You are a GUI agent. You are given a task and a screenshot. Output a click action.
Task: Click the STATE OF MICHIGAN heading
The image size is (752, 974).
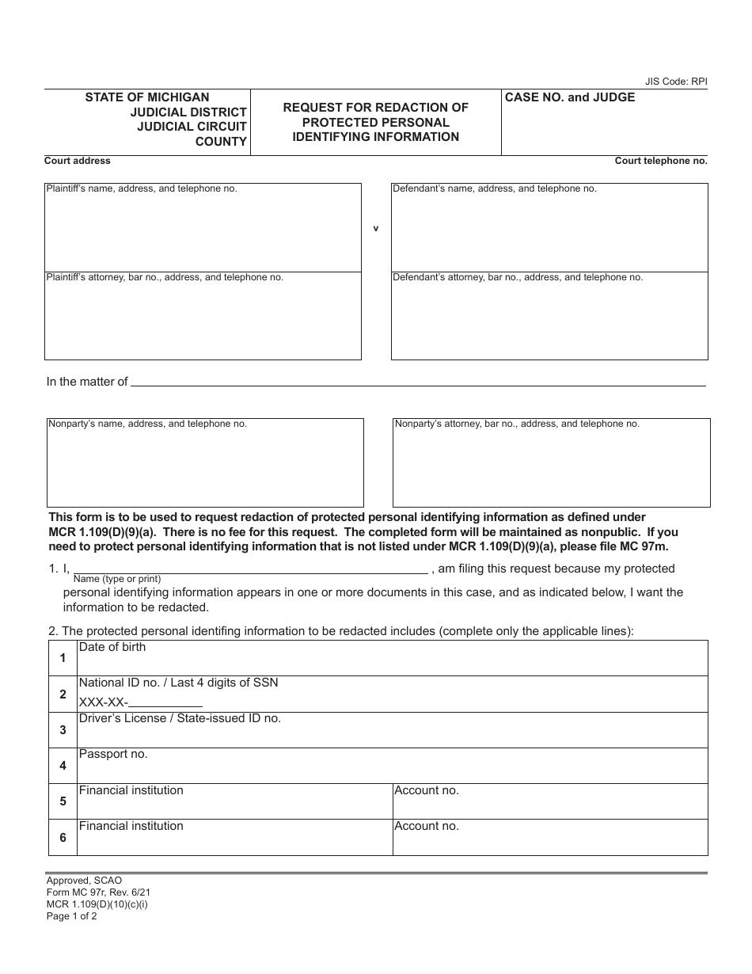147,97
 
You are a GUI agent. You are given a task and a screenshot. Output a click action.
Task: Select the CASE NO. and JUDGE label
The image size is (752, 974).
570,97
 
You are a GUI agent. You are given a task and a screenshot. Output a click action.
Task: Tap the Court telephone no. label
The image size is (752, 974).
661,161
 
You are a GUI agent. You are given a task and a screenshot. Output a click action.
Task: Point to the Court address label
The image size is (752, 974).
78,161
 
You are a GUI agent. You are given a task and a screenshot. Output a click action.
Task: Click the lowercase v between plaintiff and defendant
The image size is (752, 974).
376,229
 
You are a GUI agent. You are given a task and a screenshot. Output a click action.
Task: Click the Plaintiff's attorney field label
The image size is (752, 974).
165,278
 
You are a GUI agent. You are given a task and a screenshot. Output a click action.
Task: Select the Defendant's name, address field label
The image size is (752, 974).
495,189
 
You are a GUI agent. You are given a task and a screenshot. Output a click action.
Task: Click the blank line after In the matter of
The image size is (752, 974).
417,382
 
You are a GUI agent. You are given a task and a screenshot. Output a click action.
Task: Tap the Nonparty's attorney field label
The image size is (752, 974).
517,424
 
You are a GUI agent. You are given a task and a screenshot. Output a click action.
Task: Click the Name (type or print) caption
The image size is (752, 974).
116,579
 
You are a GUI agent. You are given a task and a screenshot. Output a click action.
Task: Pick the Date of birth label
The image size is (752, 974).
112,647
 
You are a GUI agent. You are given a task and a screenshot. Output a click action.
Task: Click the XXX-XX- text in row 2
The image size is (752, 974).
103,702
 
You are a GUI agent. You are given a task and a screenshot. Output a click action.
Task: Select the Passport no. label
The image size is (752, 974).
113,754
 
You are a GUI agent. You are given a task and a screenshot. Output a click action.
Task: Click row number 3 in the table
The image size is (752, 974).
63,730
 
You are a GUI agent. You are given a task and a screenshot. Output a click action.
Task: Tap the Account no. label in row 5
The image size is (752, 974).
427,790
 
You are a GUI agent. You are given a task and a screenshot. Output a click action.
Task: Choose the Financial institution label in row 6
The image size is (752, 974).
131,826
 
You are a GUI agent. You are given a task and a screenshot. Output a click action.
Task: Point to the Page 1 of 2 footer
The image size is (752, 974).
71,916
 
